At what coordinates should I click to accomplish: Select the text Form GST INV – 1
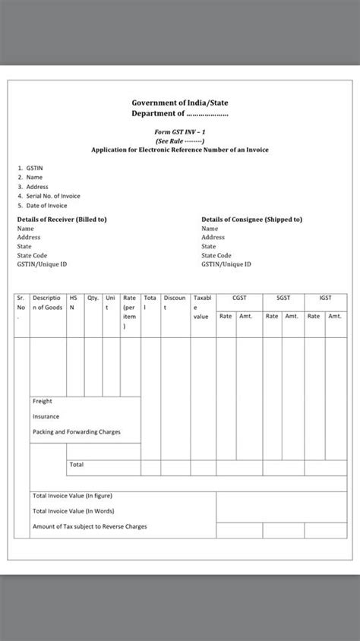tap(179, 131)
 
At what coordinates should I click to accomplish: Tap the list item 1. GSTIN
tap(30, 168)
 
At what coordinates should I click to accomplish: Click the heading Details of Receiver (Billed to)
tap(62, 219)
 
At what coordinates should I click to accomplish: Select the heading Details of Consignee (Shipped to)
tap(251, 219)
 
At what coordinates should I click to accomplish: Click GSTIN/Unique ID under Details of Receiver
tap(43, 264)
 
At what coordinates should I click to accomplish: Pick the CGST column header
tap(238, 298)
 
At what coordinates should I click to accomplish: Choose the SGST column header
tap(282, 298)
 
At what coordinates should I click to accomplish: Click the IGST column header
tap(325, 298)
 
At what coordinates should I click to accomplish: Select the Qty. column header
tap(93, 298)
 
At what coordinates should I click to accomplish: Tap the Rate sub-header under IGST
tap(313, 316)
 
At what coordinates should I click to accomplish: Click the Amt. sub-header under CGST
tap(246, 316)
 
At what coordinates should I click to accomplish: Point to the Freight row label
tap(43, 401)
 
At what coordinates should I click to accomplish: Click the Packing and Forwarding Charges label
tap(76, 432)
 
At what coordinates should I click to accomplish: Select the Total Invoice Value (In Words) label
tap(73, 511)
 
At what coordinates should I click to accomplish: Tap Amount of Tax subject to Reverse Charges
tap(90, 526)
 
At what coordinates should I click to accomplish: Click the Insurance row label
tap(46, 416)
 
